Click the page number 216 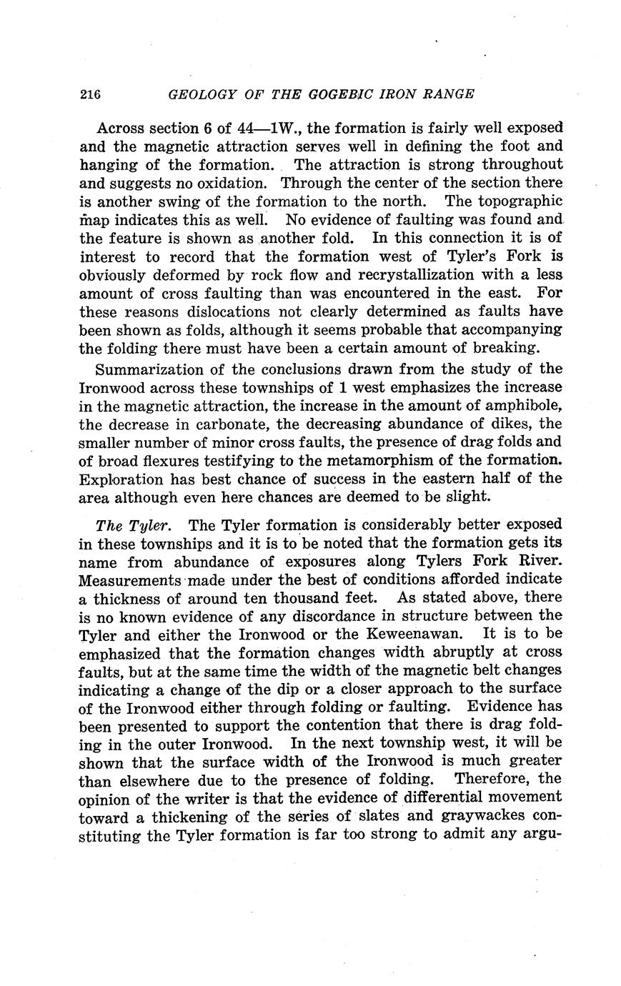90,94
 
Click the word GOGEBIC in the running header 328,94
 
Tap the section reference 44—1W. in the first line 266,129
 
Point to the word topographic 520,201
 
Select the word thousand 284,597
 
